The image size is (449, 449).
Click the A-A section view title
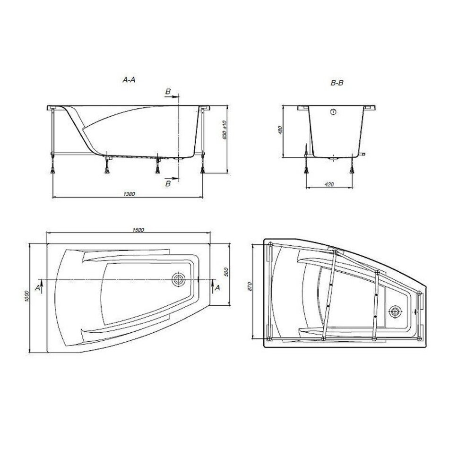click(x=129, y=80)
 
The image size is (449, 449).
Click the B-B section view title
click(x=337, y=83)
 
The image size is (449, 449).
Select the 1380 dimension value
click(x=129, y=194)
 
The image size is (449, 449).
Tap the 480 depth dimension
click(x=281, y=130)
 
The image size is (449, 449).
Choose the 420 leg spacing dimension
click(x=329, y=184)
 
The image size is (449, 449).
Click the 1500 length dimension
click(x=138, y=230)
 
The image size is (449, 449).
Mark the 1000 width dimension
click(x=26, y=296)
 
